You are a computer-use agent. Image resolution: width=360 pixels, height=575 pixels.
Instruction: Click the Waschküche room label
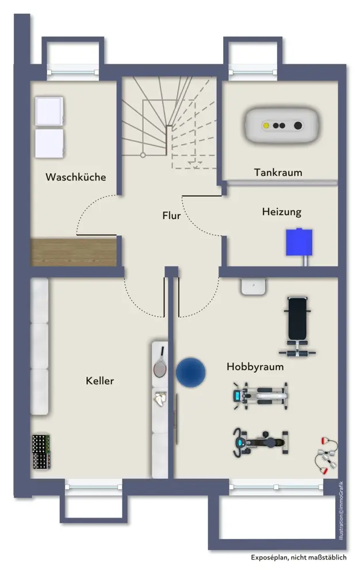point(76,177)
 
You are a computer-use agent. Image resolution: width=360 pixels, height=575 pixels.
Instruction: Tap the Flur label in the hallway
point(171,216)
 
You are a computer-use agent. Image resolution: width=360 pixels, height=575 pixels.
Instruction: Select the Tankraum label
point(278,172)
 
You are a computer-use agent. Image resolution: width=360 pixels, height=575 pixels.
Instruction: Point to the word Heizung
point(281,212)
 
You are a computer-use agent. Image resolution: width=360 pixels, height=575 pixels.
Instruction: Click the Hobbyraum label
point(255,366)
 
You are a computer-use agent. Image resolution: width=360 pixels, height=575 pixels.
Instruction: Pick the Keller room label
point(100,381)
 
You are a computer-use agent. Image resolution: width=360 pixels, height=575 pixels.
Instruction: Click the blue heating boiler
point(299,243)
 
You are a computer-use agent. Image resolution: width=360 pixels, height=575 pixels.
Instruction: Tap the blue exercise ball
point(190,372)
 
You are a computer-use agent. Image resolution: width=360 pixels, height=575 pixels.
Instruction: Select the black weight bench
point(297,325)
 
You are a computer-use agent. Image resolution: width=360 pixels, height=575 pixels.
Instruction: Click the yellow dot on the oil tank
point(266,126)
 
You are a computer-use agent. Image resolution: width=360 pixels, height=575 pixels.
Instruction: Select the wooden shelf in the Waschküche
point(73,251)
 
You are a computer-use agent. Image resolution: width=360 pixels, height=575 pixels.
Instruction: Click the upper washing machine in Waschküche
point(49,111)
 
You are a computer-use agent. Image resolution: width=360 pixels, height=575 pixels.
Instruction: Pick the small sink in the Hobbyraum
point(253,286)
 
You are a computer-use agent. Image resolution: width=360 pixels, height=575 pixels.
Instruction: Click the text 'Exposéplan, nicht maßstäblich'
point(298,558)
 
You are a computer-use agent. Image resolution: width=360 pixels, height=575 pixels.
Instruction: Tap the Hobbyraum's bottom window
point(276,486)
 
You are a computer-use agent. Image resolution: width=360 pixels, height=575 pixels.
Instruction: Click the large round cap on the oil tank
point(297,126)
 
